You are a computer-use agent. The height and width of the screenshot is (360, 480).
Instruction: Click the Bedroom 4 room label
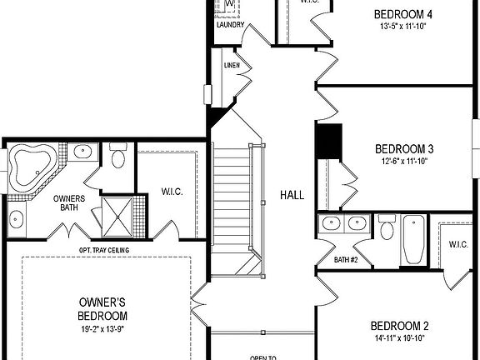coord(403,14)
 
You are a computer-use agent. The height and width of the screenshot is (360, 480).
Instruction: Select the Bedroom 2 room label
coord(399,326)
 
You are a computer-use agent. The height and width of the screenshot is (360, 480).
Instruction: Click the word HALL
coord(292,195)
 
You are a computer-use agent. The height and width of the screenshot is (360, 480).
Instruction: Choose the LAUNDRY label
coord(230,25)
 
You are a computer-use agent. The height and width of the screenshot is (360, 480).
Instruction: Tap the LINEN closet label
coord(232,64)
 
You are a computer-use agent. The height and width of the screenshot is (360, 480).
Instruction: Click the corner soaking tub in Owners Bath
coord(31,163)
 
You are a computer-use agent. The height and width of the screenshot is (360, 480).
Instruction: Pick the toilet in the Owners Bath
coord(117,157)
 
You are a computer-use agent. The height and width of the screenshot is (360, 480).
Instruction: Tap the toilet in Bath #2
coord(386,228)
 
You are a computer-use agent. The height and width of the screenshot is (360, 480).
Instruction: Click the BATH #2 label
coord(346,260)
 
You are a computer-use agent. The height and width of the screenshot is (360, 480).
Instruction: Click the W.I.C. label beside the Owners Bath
coord(172,192)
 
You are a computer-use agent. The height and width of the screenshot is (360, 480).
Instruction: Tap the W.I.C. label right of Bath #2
coord(457,244)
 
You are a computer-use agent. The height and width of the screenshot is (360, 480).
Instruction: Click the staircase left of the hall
coord(232,196)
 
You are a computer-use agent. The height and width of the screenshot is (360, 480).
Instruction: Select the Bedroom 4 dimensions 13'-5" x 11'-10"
coord(403,27)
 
